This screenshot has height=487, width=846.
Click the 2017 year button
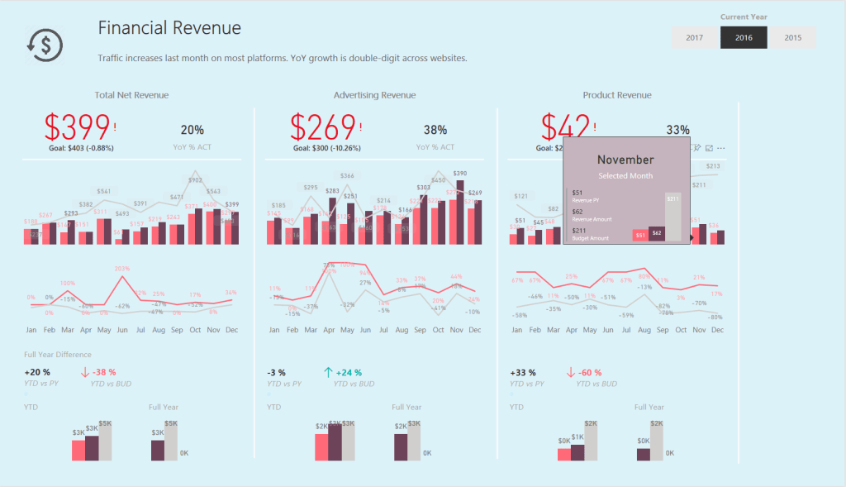pyautogui.click(x=695, y=37)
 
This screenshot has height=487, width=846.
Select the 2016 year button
pyautogui.click(x=744, y=37)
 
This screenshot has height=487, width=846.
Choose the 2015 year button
pyautogui.click(x=792, y=37)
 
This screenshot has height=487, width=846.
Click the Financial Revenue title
pyautogui.click(x=169, y=28)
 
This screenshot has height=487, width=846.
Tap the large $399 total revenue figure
pyautogui.click(x=77, y=127)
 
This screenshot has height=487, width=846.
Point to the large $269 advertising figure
pyautogui.click(x=322, y=127)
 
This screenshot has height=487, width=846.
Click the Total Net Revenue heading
pyautogui.click(x=131, y=95)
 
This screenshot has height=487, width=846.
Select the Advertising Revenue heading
pyautogui.click(x=374, y=95)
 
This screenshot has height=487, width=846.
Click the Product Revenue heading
pyautogui.click(x=616, y=95)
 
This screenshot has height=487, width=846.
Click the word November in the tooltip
pyautogui.click(x=625, y=160)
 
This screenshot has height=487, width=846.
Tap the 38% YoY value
pyautogui.click(x=435, y=130)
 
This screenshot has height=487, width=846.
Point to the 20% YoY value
pyautogui.click(x=192, y=130)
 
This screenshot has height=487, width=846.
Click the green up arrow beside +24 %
pyautogui.click(x=328, y=372)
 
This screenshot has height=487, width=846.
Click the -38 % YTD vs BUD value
pyautogui.click(x=104, y=372)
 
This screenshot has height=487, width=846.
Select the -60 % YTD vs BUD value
pyautogui.click(x=590, y=372)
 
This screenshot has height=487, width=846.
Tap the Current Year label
pyautogui.click(x=744, y=17)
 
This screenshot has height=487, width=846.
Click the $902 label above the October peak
pyautogui.click(x=195, y=179)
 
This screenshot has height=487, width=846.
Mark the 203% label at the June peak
pyautogui.click(x=122, y=268)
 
